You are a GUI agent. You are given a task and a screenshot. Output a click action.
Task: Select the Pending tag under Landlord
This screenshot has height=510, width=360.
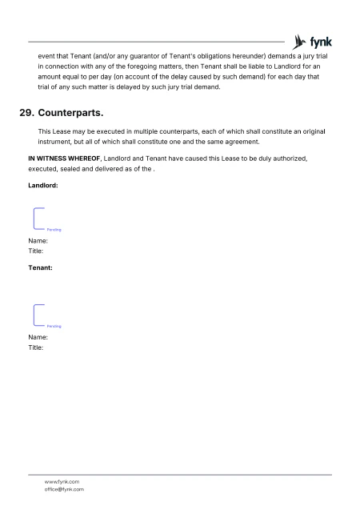point(54,230)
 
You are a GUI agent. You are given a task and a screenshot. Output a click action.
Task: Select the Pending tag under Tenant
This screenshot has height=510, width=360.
point(54,326)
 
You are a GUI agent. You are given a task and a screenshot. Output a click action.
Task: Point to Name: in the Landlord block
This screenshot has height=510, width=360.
point(38,240)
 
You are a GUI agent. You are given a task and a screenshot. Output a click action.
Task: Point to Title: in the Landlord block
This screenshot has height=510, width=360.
point(35,251)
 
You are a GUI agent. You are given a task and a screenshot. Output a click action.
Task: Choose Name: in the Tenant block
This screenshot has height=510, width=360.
point(38,337)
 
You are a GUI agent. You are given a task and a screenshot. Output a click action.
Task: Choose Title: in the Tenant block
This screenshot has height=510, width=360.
point(35,347)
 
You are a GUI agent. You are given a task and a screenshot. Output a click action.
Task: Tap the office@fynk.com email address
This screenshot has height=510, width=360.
point(64,489)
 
